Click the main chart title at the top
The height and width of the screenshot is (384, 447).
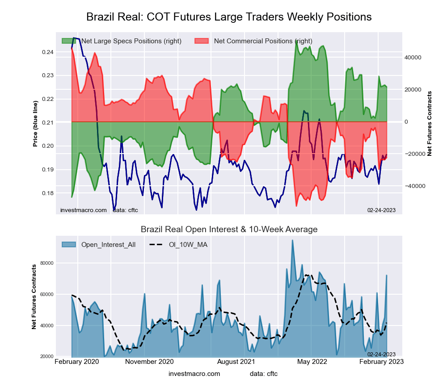(229, 17)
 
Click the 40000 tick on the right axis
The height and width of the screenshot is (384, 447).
(413, 58)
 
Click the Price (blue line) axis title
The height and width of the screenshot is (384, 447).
(35, 124)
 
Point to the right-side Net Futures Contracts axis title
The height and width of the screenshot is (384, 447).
(430, 124)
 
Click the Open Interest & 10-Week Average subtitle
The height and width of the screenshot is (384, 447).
(229, 230)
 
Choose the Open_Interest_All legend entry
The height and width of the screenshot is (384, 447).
(108, 244)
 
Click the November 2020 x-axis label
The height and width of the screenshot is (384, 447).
(149, 361)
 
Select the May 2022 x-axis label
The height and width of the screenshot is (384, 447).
(311, 361)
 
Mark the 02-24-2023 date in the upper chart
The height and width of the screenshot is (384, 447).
(381, 210)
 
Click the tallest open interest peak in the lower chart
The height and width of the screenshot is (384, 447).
(292, 241)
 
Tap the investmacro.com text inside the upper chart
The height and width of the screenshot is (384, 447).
(83, 210)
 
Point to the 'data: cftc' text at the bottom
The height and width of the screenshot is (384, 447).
(264, 373)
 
